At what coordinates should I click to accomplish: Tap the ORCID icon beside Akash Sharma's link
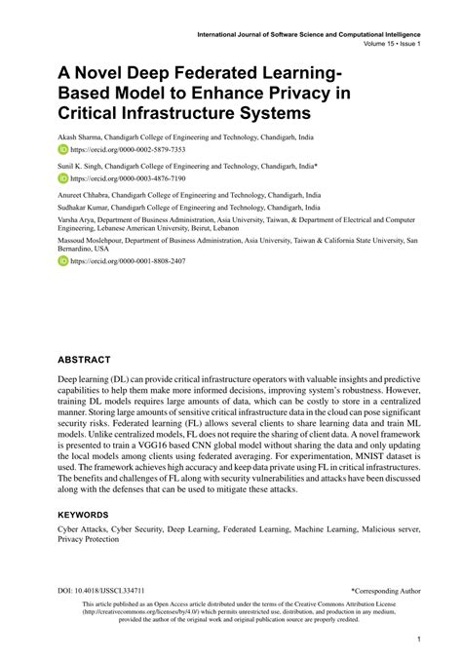63,152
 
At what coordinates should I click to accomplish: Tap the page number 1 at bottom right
417,639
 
